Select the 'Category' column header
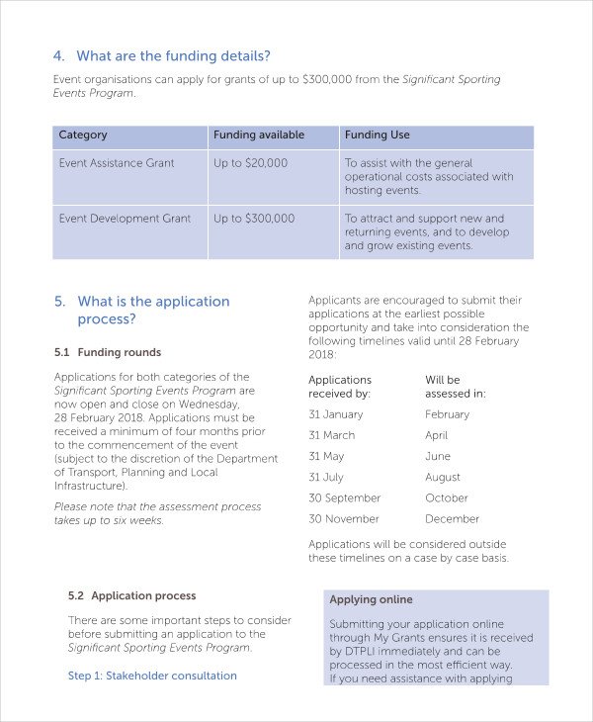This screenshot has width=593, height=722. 83,135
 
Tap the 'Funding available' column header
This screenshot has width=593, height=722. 259,135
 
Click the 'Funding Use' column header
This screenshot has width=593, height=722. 377,135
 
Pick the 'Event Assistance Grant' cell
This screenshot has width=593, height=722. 117,163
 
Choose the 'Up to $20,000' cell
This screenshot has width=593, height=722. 251,163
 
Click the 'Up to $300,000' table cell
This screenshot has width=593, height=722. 254,219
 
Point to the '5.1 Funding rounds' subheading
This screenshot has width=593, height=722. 108,352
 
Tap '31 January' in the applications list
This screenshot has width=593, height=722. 336,414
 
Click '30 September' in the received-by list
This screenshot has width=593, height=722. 344,497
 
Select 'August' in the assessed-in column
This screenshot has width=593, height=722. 443,477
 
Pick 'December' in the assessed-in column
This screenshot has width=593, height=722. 452,518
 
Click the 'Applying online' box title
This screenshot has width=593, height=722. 371,599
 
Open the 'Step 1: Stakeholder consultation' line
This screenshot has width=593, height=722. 152,676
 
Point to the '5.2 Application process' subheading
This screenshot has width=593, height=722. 131,595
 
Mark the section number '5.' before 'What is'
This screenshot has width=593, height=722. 59,302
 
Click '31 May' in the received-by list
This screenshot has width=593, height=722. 326,456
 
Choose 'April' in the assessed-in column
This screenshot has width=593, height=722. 436,435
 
